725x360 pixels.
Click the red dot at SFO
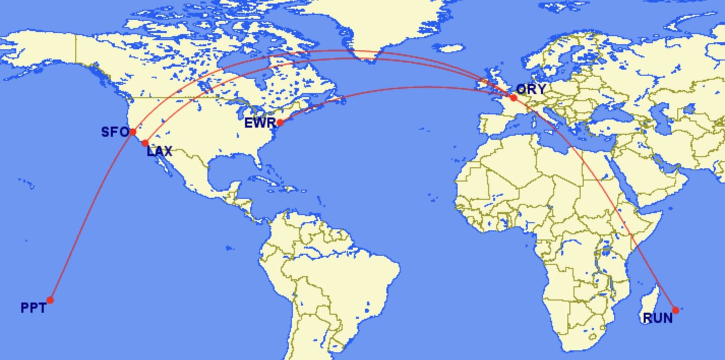point(133,132)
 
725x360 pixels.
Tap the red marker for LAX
point(145,143)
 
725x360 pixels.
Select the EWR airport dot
point(280,123)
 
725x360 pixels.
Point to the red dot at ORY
point(513,98)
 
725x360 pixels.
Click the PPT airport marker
point(50,300)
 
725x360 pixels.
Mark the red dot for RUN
point(675,310)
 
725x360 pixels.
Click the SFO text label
point(115,132)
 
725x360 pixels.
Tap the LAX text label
point(159,151)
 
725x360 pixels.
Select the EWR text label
point(260,123)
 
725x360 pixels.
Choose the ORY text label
point(531,89)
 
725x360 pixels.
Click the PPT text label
point(33,308)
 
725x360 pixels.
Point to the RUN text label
point(657,318)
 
